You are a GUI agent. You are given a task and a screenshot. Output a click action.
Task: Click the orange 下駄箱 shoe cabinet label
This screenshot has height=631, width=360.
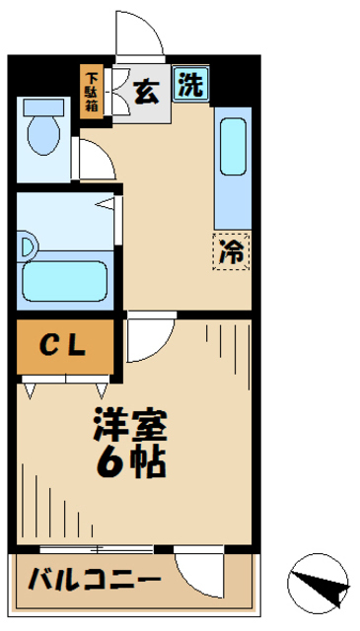[91, 91]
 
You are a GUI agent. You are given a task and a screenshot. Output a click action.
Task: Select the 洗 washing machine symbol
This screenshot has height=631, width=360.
[191, 86]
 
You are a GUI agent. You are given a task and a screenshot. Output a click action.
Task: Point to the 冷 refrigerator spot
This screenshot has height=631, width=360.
[231, 251]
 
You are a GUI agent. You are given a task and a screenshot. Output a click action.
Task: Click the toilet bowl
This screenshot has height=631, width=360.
[45, 137]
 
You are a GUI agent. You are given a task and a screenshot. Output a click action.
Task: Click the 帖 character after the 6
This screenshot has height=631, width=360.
[148, 460]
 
